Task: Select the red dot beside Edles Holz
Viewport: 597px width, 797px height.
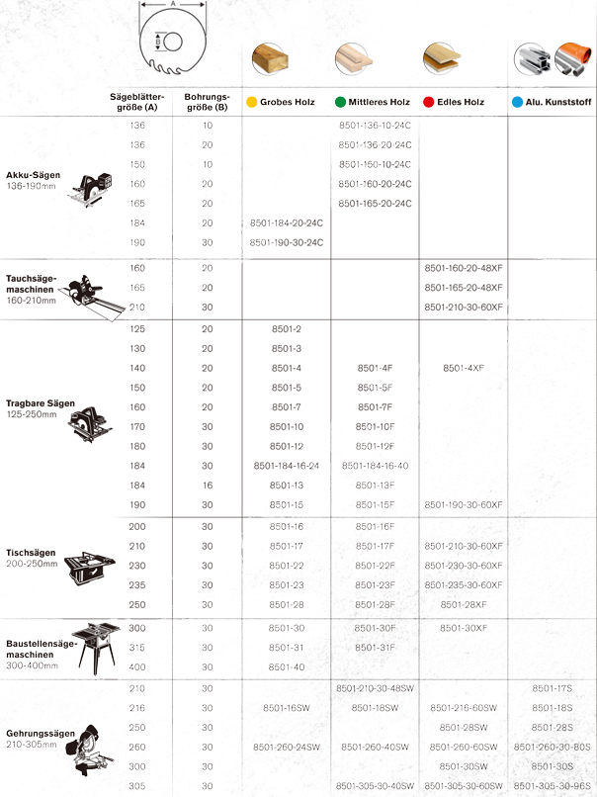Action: point(428,102)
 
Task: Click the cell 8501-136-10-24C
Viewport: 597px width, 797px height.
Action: point(375,127)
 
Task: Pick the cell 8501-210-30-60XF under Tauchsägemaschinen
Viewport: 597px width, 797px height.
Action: point(464,308)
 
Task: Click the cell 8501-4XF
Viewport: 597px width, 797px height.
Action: point(464,368)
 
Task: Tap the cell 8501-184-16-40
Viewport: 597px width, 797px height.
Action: point(375,465)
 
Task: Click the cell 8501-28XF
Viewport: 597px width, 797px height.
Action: point(464,604)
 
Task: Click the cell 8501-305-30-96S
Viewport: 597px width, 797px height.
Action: point(552,785)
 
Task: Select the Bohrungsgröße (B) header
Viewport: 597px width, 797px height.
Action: point(207,102)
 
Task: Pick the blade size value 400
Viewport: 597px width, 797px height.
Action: point(136,667)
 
